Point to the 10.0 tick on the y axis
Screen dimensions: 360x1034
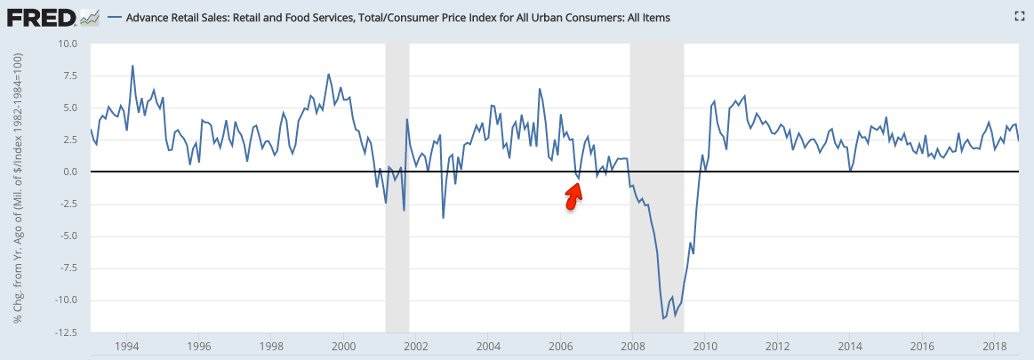pyautogui.click(x=68, y=44)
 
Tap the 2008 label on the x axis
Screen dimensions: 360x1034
pyautogui.click(x=632, y=345)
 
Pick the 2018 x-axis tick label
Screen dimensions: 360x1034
pyautogui.click(x=994, y=345)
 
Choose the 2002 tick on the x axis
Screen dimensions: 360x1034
pyautogui.click(x=415, y=345)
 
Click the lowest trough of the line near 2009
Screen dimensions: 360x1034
pyautogui.click(x=662, y=318)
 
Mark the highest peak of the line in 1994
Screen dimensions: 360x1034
pyautogui.click(x=132, y=66)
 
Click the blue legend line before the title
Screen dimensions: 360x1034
pyautogui.click(x=115, y=18)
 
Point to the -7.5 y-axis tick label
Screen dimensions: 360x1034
pyautogui.click(x=68, y=268)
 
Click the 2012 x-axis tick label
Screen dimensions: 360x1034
pyautogui.click(x=777, y=345)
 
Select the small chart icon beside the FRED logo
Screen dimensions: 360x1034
pyautogui.click(x=89, y=17)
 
